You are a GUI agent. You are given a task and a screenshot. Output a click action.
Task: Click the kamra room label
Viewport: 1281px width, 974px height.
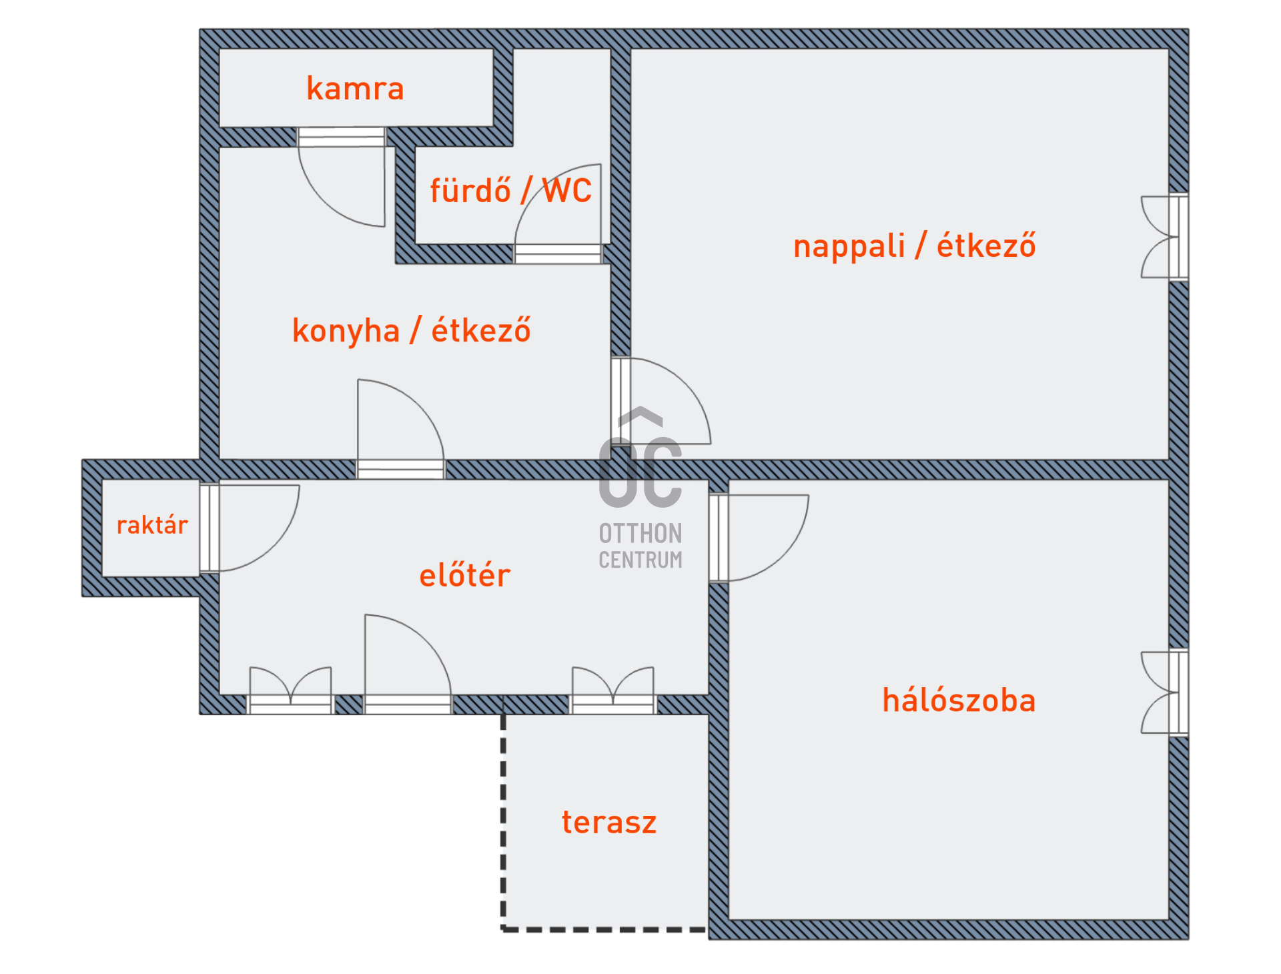(x=355, y=89)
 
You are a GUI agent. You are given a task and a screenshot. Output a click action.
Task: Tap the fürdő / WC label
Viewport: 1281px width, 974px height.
(x=510, y=191)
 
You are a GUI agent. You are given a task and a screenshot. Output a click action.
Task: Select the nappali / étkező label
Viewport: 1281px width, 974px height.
(x=914, y=246)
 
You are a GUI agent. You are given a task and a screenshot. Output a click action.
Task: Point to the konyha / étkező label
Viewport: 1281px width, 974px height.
(x=411, y=330)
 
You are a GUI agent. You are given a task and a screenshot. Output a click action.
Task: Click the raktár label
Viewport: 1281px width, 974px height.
(x=152, y=525)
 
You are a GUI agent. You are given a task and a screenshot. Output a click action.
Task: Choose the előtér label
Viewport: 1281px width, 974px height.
(x=464, y=575)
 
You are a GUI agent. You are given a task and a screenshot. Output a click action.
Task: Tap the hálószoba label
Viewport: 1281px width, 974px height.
(x=959, y=700)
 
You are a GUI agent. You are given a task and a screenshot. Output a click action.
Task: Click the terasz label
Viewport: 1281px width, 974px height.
(x=608, y=822)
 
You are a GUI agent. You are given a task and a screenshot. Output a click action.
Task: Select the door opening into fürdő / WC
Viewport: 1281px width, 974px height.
(x=560, y=207)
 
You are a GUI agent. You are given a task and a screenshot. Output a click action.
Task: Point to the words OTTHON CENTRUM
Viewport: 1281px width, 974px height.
(x=640, y=546)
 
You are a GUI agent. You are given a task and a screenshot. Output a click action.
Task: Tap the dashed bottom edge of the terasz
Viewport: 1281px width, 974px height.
(x=604, y=929)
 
